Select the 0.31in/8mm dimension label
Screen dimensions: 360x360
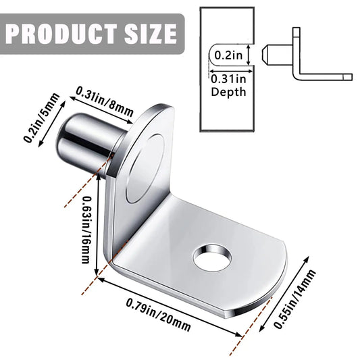[x=105, y=101]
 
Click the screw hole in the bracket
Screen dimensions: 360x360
[x=212, y=257]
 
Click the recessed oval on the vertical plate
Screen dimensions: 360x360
[x=145, y=168]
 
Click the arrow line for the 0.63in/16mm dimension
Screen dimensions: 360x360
[x=99, y=230]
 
